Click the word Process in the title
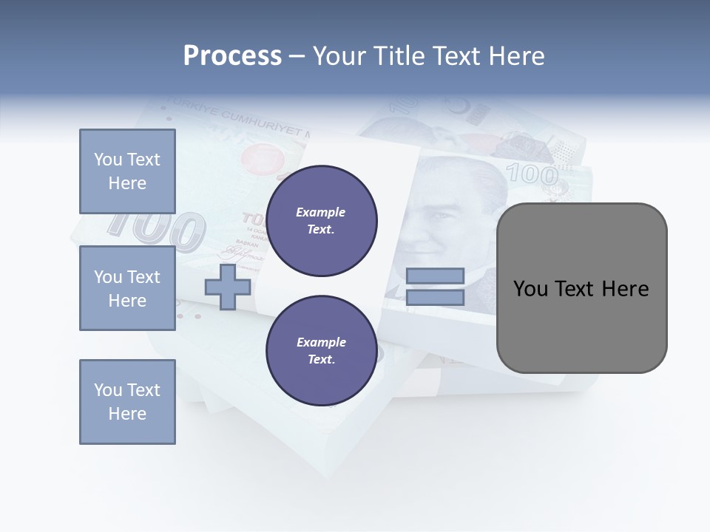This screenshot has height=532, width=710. [232, 56]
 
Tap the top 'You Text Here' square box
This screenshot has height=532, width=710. [127, 171]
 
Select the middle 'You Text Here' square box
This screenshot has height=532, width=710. [127, 288]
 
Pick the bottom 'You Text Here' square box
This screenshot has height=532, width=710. [127, 402]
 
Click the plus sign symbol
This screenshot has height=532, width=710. [228, 287]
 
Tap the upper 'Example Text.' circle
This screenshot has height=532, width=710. [321, 221]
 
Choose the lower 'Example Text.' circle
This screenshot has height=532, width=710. [321, 351]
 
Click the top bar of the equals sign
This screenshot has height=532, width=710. [435, 276]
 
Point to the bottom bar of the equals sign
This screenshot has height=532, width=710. [435, 298]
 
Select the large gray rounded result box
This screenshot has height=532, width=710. [581, 288]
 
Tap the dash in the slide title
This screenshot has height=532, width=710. [297, 56]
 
